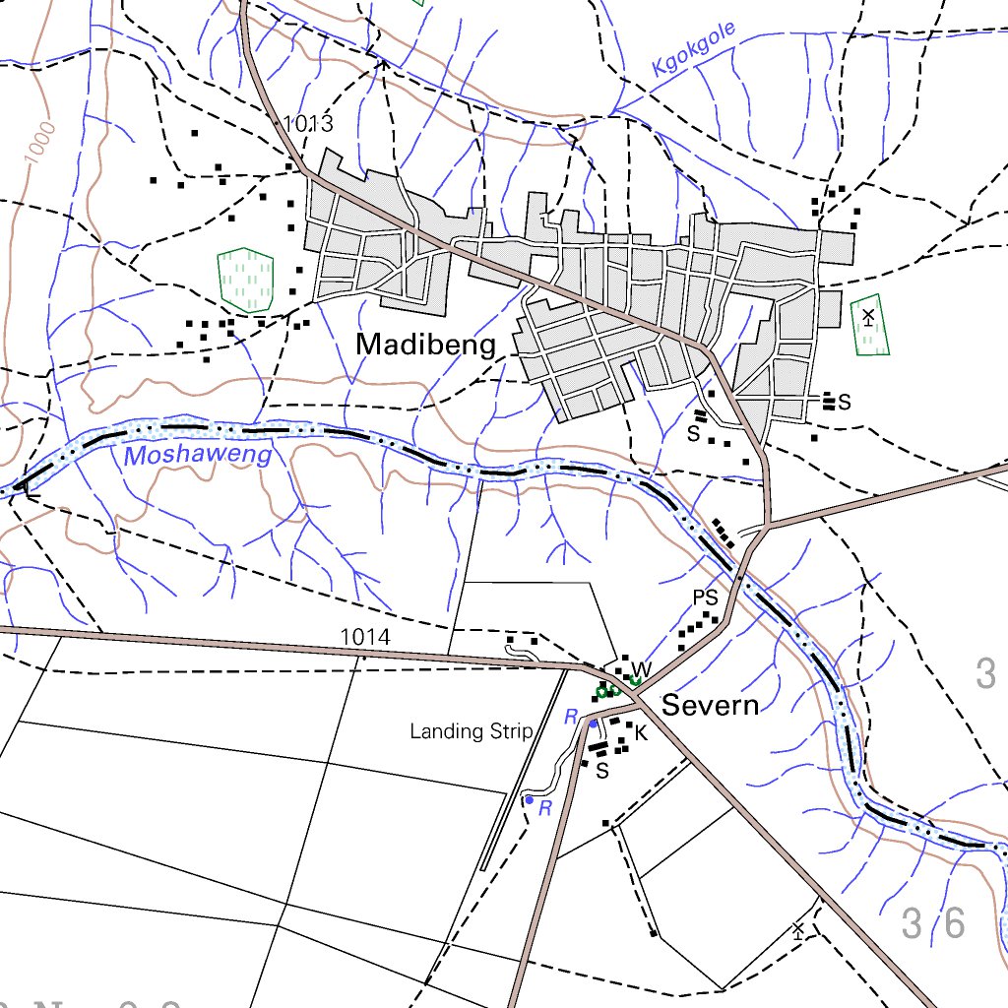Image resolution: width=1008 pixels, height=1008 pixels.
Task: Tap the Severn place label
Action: click(x=710, y=705)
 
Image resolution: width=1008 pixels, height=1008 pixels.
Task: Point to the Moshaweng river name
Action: click(x=198, y=455)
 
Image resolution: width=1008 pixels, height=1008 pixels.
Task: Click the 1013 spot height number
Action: click(x=308, y=124)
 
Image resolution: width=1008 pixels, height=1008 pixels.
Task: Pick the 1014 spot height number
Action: click(x=365, y=638)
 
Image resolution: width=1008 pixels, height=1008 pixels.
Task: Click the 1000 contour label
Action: click(x=39, y=144)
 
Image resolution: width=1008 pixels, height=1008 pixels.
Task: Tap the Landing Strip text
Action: click(x=472, y=731)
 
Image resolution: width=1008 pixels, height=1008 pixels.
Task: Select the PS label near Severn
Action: click(x=705, y=598)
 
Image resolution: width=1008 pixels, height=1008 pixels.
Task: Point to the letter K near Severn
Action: click(x=641, y=733)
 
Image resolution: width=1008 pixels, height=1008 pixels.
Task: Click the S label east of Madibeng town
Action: click(x=844, y=402)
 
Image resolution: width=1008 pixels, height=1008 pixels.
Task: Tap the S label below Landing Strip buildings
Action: click(x=602, y=771)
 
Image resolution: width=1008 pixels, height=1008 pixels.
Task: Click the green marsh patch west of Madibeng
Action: click(x=244, y=275)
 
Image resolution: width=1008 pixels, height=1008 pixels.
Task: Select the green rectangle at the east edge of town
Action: click(x=869, y=325)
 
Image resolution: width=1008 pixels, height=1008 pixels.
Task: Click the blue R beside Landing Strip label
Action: click(x=570, y=719)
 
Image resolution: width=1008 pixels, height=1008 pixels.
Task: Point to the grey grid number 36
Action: click(x=933, y=923)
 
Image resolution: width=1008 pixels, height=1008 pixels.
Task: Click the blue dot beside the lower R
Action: click(x=529, y=800)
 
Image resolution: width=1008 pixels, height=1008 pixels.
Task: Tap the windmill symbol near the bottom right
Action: click(x=798, y=929)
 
